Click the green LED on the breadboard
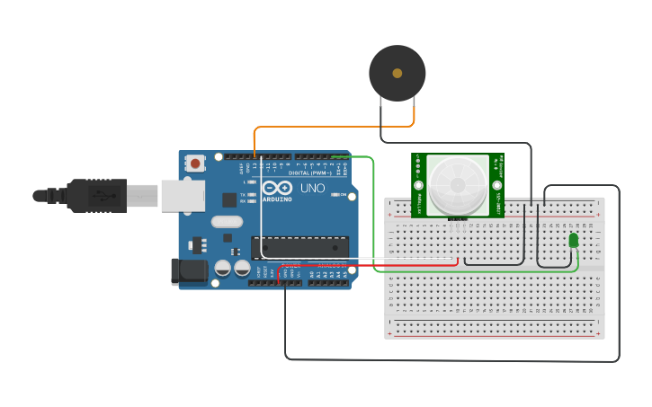click(x=574, y=240)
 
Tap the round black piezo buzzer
click(x=397, y=74)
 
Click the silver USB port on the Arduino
click(x=183, y=195)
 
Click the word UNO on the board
click(x=312, y=189)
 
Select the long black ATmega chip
click(x=299, y=246)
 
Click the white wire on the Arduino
click(x=262, y=216)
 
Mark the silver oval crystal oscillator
click(x=227, y=222)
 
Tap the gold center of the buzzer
click(x=397, y=74)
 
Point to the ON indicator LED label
click(x=344, y=194)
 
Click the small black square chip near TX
click(x=230, y=199)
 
